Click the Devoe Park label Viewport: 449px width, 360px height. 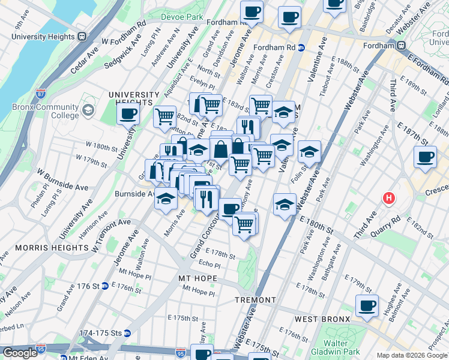(183, 17)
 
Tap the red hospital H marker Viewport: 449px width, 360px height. (389, 197)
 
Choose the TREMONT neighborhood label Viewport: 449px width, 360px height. (255, 300)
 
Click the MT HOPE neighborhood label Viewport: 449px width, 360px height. (197, 279)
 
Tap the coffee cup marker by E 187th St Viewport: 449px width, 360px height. (425, 158)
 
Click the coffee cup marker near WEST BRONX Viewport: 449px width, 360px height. (366, 306)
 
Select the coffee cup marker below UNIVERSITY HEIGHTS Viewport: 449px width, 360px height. (128, 115)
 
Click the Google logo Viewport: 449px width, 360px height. (19, 353)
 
